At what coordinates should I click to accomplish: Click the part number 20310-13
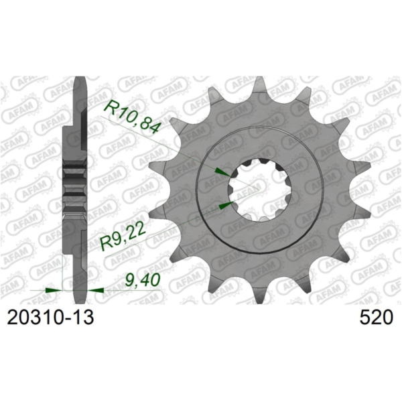(x=51, y=316)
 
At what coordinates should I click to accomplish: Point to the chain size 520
(x=373, y=316)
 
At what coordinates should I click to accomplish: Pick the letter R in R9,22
(x=105, y=245)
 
